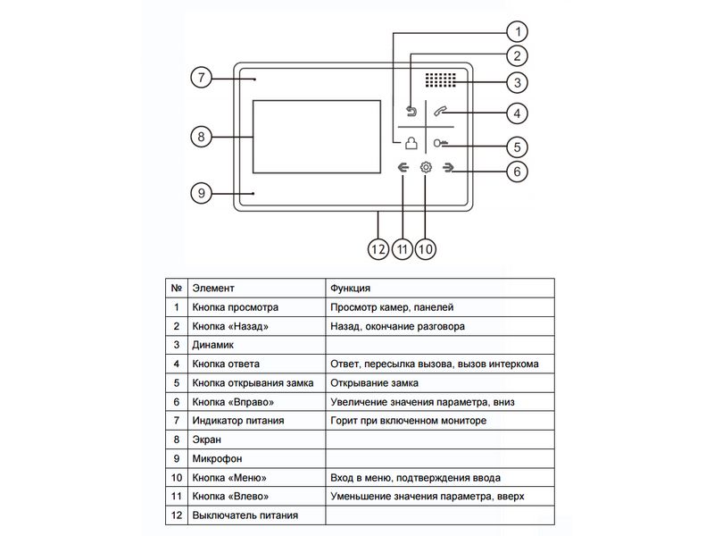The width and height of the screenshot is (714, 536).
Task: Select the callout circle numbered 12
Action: click(378, 247)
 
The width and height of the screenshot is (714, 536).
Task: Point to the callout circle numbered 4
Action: click(515, 113)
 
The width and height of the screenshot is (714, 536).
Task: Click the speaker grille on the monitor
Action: click(440, 80)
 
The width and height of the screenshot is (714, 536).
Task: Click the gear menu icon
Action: click(426, 168)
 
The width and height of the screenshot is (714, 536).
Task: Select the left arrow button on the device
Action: click(403, 168)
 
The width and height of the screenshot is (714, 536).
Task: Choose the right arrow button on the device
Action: click(448, 168)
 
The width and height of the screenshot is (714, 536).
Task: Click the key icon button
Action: click(440, 144)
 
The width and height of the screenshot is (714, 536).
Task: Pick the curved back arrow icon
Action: click(411, 112)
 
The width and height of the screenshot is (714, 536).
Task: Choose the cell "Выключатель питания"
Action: click(245, 515)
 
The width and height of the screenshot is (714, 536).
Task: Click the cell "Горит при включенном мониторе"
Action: click(408, 421)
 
